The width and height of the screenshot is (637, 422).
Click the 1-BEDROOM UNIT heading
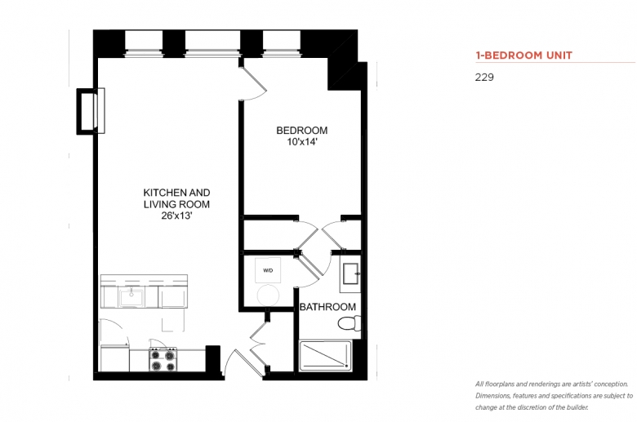click(x=523, y=56)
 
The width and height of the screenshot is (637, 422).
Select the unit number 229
click(x=484, y=78)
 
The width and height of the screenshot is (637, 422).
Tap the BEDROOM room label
click(x=302, y=131)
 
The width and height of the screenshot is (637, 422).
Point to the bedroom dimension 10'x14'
click(x=302, y=142)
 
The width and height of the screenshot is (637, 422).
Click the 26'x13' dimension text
click(x=176, y=215)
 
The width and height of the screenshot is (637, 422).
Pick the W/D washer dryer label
click(x=268, y=270)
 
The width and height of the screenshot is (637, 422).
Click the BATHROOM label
click(x=327, y=307)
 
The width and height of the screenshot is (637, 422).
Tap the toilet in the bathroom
click(x=349, y=323)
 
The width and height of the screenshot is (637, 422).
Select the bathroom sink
click(x=350, y=273)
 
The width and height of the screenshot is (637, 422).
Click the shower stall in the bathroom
click(x=325, y=356)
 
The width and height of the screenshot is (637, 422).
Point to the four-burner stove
click(x=163, y=359)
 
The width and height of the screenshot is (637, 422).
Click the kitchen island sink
click(x=131, y=297)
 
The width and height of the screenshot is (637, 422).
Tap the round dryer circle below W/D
click(x=268, y=295)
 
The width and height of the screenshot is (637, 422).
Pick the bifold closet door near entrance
click(x=258, y=344)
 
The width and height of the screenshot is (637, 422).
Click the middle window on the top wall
click(x=212, y=43)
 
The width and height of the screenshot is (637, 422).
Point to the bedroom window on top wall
click(x=282, y=43)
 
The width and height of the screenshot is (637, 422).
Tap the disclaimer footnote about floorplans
click(x=555, y=396)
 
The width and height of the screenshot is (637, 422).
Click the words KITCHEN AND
click(x=176, y=193)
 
